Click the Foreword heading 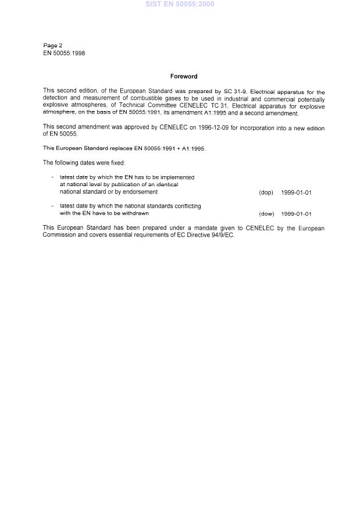184,76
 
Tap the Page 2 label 53,45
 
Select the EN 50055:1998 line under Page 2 64,53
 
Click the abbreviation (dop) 266,192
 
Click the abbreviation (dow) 266,214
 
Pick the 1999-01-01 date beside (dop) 296,192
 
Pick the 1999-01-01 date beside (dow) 296,214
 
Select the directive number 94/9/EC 222,236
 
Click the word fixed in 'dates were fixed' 117,163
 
